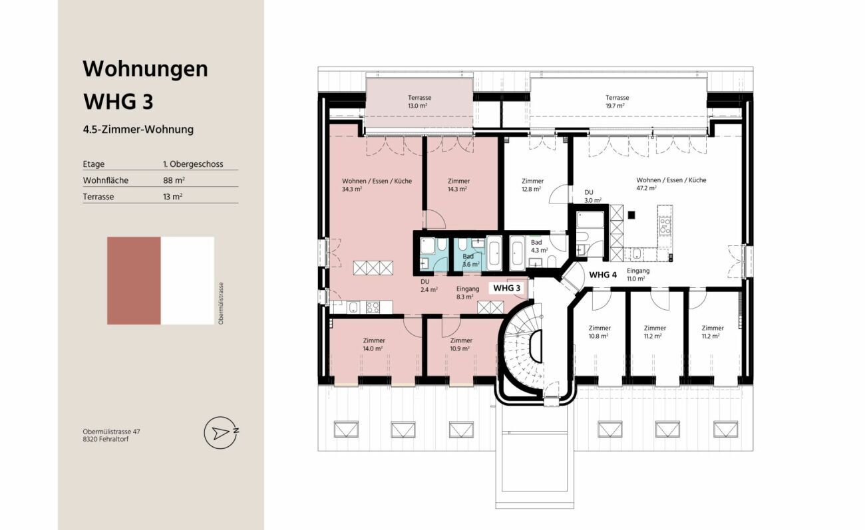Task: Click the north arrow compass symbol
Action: pyautogui.click(x=222, y=432)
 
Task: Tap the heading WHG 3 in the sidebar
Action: pyautogui.click(x=118, y=102)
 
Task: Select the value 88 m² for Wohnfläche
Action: pyautogui.click(x=174, y=180)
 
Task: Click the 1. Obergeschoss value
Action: pyautogui.click(x=193, y=164)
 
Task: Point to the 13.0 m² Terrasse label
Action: pyautogui.click(x=419, y=102)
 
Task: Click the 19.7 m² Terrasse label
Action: pyautogui.click(x=617, y=102)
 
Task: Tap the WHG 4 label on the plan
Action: pyautogui.click(x=603, y=275)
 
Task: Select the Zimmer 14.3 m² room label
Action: pyautogui.click(x=458, y=185)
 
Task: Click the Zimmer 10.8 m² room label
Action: pyautogui.click(x=600, y=332)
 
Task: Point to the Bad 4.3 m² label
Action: pyautogui.click(x=539, y=246)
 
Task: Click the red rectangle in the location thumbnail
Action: pyautogui.click(x=134, y=281)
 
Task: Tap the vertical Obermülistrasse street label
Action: pyautogui.click(x=221, y=303)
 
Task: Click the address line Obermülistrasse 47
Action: pyautogui.click(x=111, y=432)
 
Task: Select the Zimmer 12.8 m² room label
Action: pyautogui.click(x=532, y=185)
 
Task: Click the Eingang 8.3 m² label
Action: pyautogui.click(x=467, y=293)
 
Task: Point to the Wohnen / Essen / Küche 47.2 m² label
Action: pyautogui.click(x=671, y=184)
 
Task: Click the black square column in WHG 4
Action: pyautogui.click(x=631, y=215)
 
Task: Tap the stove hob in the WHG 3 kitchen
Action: pyautogui.click(x=373, y=307)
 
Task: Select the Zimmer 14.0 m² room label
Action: pyautogui.click(x=374, y=344)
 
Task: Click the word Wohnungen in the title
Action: pyautogui.click(x=146, y=69)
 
